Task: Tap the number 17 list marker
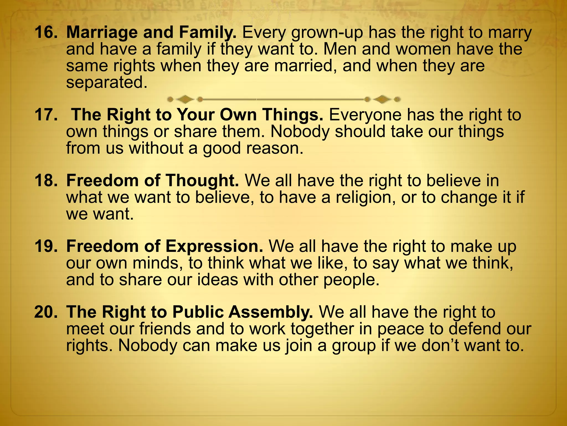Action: click(46, 115)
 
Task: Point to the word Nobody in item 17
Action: click(300, 131)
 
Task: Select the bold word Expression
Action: click(215, 246)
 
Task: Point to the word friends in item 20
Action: click(165, 329)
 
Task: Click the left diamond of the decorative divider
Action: click(185, 99)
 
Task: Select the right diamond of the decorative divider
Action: click(382, 99)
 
